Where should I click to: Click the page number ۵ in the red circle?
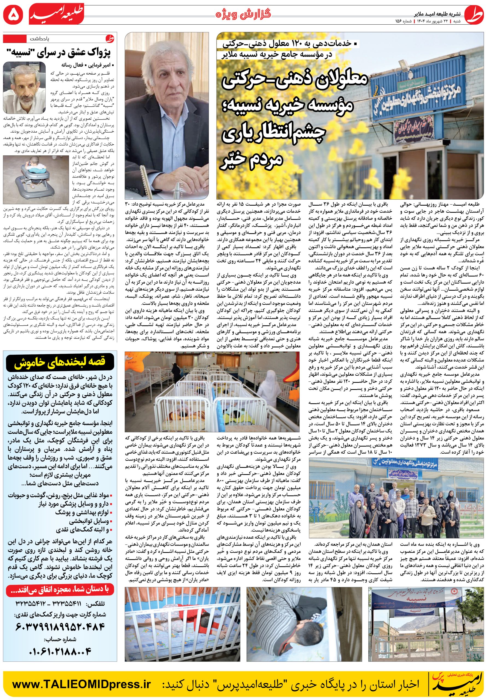point(13,14)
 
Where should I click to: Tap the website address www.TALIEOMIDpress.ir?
point(81,684)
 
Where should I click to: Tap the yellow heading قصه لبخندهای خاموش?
point(60,362)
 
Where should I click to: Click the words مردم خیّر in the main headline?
point(251,159)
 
